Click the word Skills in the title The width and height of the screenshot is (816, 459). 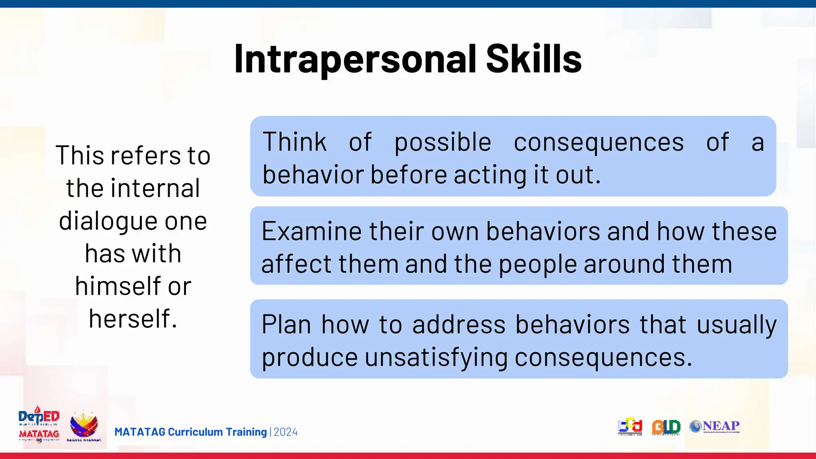(x=534, y=59)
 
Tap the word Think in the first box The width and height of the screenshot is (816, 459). (x=294, y=142)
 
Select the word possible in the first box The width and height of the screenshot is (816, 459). (x=443, y=143)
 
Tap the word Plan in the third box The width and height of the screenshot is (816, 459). (x=286, y=324)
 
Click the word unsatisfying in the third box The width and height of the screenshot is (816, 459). (x=436, y=358)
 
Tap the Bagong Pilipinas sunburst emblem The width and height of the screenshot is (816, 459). (x=84, y=426)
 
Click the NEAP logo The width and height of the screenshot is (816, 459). (x=714, y=426)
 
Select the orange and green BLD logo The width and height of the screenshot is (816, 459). (x=666, y=427)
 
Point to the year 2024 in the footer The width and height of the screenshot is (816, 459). (x=285, y=432)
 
